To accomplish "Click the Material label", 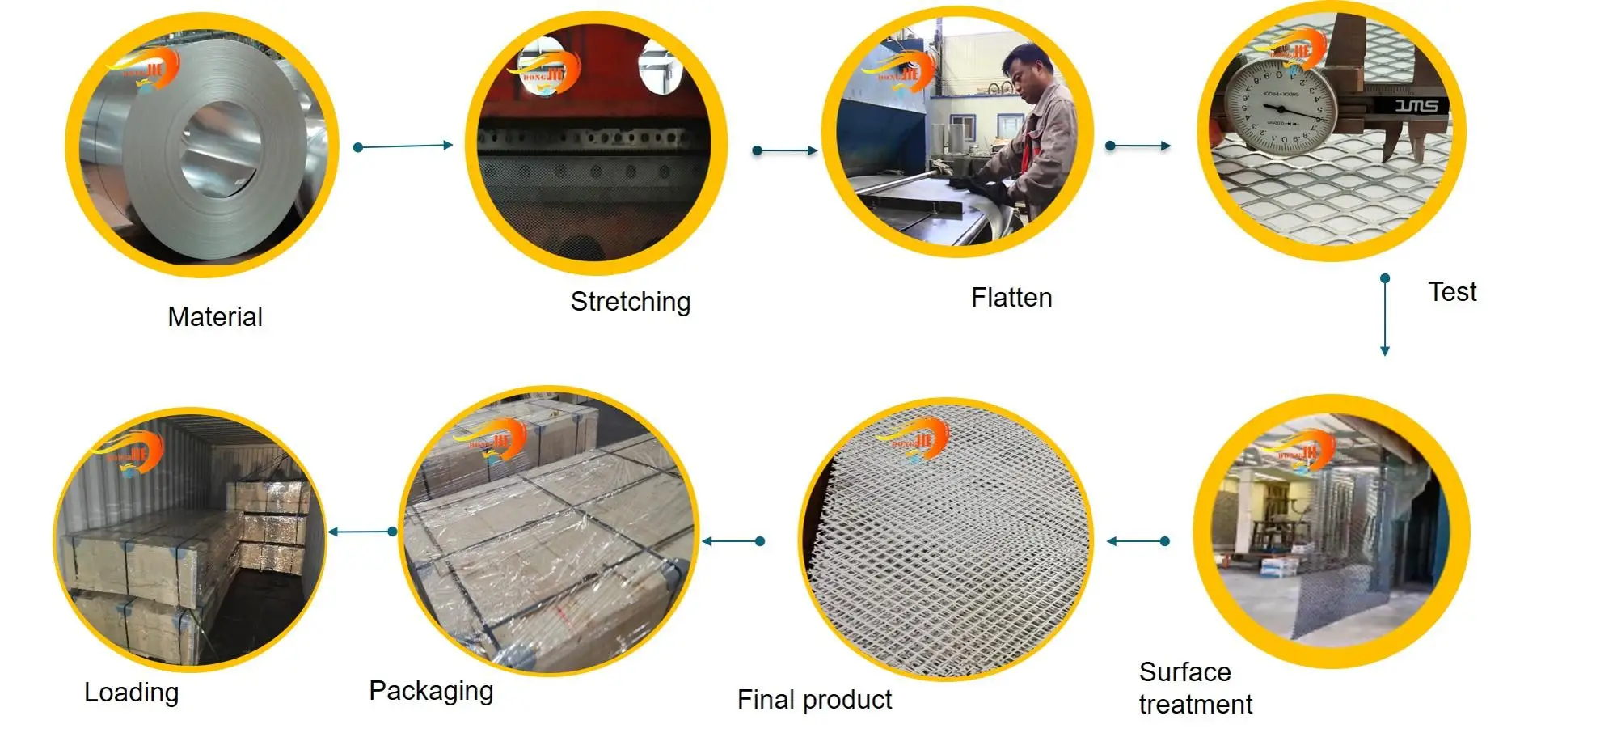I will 215,316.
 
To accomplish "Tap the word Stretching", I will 631,302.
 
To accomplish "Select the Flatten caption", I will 1011,298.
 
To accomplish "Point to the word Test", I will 1452,291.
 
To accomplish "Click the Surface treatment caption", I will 1195,688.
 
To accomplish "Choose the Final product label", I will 814,699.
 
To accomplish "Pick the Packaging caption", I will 431,691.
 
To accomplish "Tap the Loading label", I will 132,693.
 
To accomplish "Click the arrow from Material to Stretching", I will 403,146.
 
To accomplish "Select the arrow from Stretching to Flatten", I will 785,150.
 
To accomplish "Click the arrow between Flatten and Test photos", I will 1138,146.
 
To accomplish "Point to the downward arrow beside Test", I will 1385,316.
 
